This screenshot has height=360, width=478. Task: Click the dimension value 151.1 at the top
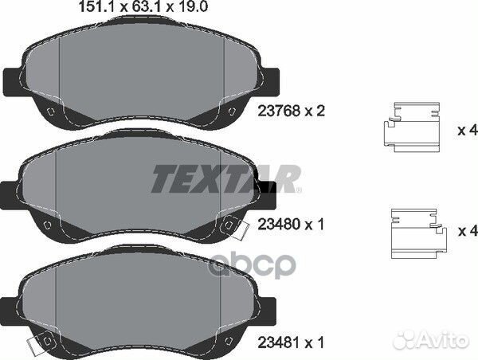[96, 6]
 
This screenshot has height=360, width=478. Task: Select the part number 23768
[279, 111]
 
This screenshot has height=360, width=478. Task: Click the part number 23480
[279, 225]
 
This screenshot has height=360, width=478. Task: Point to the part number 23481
[279, 342]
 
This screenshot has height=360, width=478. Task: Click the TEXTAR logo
[226, 178]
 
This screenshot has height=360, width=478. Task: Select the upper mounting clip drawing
[412, 127]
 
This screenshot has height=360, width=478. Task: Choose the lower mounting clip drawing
[419, 233]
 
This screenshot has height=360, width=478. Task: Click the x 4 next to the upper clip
[467, 131]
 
